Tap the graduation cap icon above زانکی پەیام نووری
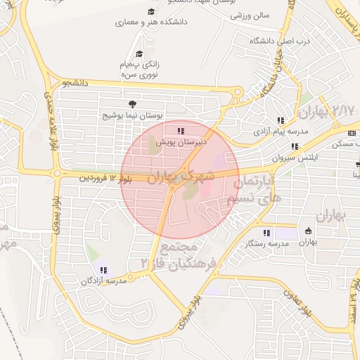[139, 53]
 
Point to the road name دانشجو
[75, 84]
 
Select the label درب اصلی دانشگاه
[279, 41]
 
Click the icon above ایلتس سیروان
[295, 147]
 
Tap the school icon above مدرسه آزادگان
[103, 270]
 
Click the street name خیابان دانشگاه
[271, 75]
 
